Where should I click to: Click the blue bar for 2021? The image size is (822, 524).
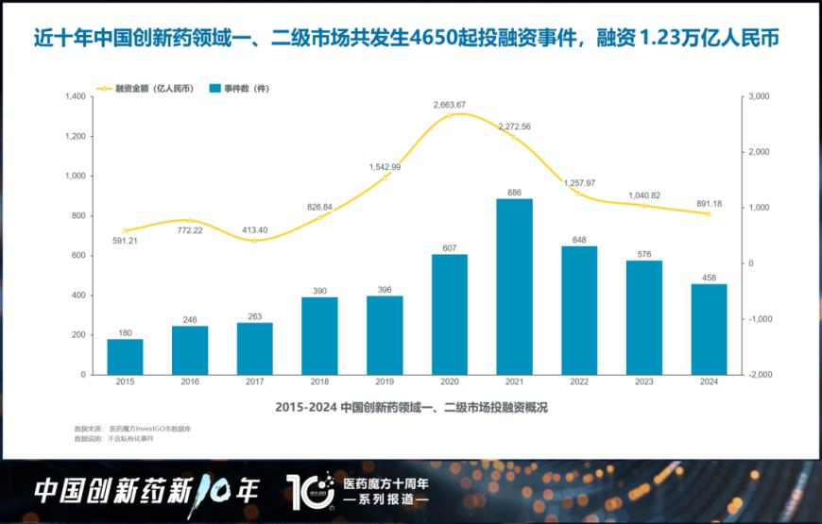514,287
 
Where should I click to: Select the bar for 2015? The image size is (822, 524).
125,357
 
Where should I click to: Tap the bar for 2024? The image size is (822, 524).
710,330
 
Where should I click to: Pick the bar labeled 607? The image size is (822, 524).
450,314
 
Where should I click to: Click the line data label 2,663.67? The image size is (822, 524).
450,104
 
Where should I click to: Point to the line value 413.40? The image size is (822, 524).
255,229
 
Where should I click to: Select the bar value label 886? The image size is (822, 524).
515,192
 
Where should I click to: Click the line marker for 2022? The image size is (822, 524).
579,194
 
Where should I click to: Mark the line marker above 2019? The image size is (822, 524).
385,177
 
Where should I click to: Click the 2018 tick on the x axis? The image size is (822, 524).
319,381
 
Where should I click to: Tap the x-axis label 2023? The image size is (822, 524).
644,381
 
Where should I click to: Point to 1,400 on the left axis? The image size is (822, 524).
76,96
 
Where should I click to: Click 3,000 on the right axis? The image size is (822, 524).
758,96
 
